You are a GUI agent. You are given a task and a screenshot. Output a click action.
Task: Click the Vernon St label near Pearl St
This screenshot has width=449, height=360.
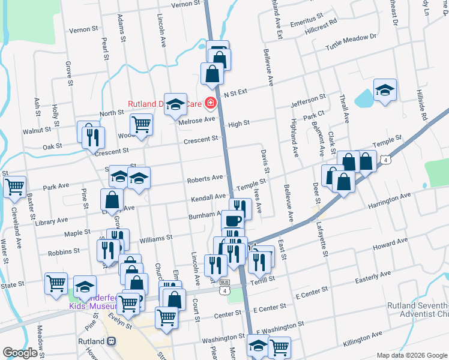coord(83,29)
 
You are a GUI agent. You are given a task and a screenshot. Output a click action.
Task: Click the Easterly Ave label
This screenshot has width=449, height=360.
coord(372,277)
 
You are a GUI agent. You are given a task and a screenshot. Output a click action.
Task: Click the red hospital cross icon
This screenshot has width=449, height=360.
coord(210,104)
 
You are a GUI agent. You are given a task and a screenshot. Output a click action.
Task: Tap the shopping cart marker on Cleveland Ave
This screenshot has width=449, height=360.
coord(14,186)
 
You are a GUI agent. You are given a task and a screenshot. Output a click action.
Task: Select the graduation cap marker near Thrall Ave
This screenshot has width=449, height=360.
coord(384,90)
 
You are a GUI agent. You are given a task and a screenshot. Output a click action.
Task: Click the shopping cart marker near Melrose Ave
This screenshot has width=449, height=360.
coord(141,124)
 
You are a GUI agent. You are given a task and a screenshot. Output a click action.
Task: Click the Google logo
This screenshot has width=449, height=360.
coord(20,352)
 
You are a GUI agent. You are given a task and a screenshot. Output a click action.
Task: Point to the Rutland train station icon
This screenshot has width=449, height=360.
coord(110,341)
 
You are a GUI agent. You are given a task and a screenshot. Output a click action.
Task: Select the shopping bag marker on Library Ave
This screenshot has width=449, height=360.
coord(112,199)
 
